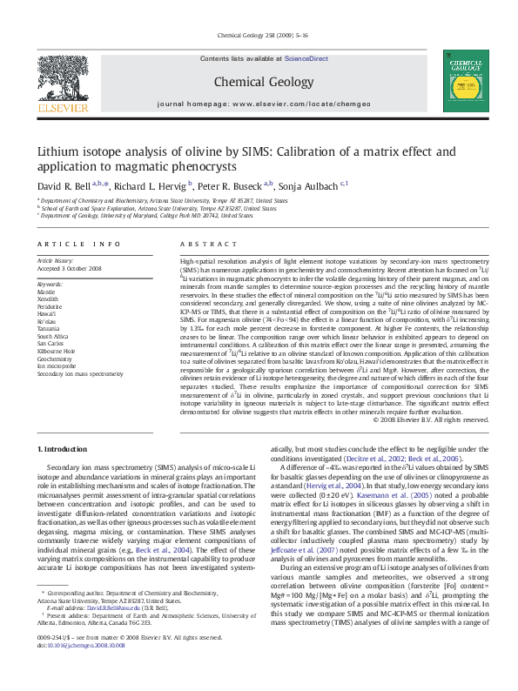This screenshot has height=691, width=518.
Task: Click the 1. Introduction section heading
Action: tap(64, 448)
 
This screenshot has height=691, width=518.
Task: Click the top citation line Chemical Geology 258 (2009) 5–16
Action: tap(259, 36)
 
